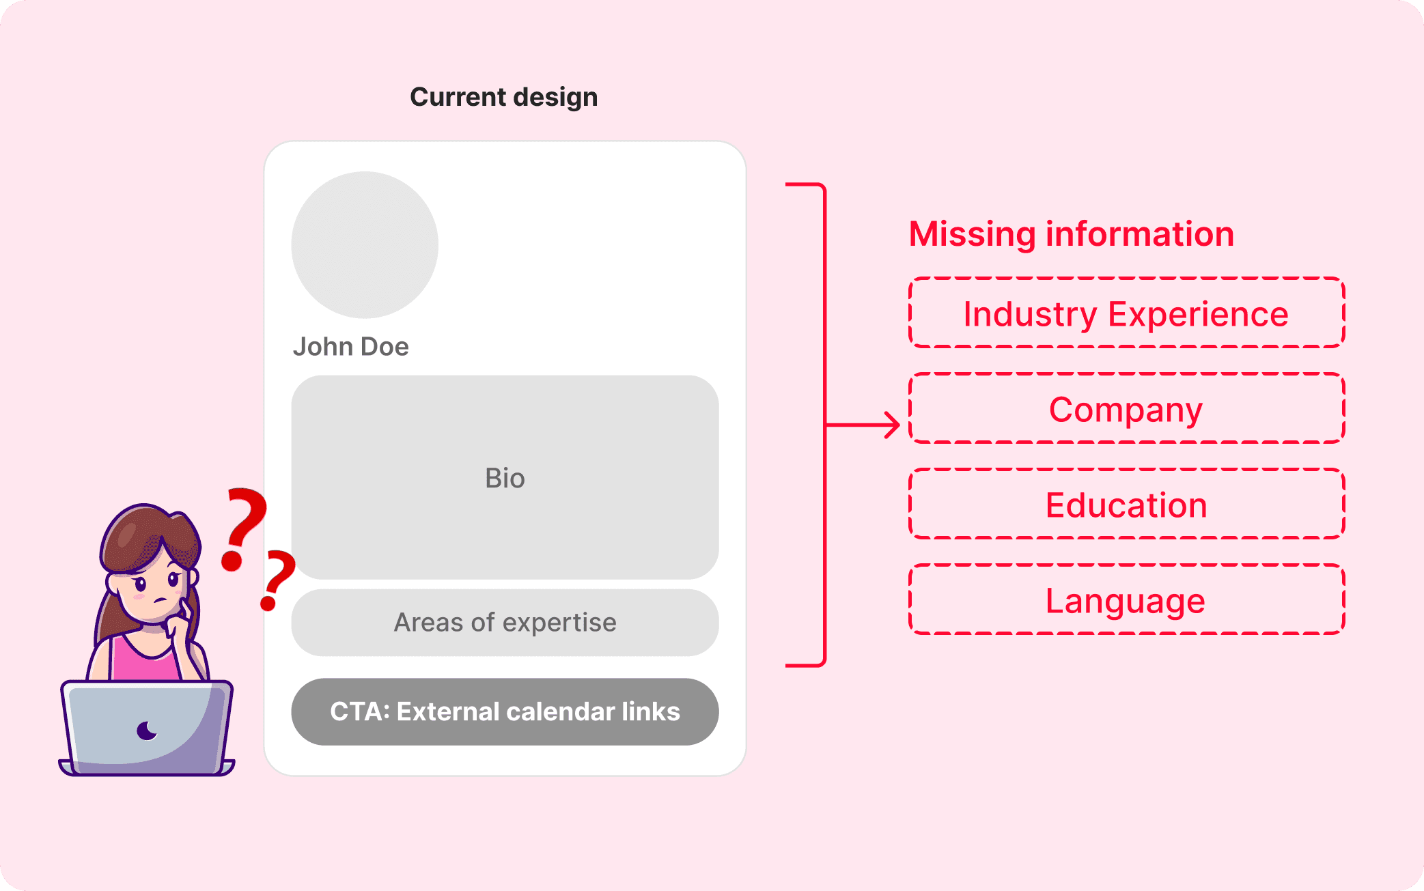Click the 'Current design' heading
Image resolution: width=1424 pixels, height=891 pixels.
tap(503, 97)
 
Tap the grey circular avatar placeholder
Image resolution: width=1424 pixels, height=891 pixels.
tap(365, 244)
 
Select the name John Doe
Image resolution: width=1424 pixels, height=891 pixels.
tap(350, 347)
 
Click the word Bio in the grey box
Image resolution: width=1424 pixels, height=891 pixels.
tap(505, 479)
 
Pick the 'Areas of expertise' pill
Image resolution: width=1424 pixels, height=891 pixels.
tap(505, 623)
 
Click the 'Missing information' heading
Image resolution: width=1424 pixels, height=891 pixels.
tap(1071, 234)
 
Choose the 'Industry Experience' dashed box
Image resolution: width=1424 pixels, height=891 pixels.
tap(1126, 313)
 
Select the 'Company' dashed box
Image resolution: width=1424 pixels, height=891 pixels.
tap(1126, 409)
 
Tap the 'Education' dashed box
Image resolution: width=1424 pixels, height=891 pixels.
tap(1126, 505)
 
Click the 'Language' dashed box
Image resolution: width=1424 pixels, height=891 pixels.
tap(1126, 600)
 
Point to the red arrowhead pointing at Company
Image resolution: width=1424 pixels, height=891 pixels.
tap(893, 425)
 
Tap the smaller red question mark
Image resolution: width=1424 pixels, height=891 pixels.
tap(277, 578)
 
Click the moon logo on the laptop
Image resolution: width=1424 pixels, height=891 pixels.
tap(146, 731)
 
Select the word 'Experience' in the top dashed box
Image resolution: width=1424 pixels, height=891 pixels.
tap(1198, 314)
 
